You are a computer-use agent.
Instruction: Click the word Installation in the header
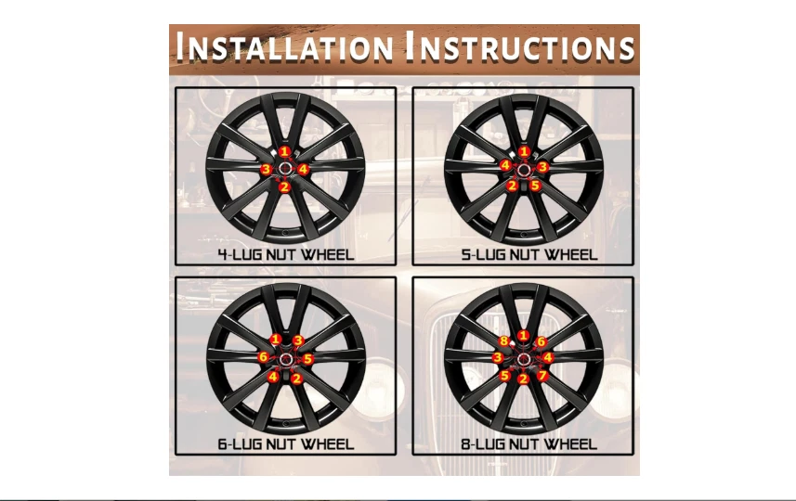click(x=284, y=46)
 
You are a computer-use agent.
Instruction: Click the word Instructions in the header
click(x=519, y=46)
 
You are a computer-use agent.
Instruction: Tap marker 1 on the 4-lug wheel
click(x=285, y=151)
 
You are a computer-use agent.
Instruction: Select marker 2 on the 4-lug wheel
click(x=284, y=186)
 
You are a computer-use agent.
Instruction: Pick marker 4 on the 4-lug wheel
click(x=303, y=170)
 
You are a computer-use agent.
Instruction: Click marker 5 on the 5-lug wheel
click(x=535, y=185)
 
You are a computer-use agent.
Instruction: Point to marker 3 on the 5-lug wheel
click(x=542, y=167)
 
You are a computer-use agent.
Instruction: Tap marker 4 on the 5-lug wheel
click(x=505, y=165)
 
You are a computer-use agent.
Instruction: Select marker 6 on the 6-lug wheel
click(x=263, y=357)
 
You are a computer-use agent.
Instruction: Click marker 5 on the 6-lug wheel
click(x=307, y=359)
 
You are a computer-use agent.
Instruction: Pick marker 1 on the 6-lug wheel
click(x=276, y=340)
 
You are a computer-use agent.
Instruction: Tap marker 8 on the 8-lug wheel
click(x=503, y=340)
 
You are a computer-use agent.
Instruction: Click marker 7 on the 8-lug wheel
click(x=542, y=376)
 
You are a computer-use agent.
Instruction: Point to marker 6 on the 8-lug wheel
click(x=542, y=341)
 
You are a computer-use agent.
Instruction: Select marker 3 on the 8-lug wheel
click(x=498, y=357)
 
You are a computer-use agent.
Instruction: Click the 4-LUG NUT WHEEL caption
click(x=286, y=254)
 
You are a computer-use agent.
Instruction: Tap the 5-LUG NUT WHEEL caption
click(x=529, y=254)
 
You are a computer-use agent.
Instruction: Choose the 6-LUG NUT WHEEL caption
click(x=286, y=444)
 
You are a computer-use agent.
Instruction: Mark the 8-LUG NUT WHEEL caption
click(x=529, y=444)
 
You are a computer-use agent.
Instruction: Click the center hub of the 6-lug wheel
click(x=285, y=359)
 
